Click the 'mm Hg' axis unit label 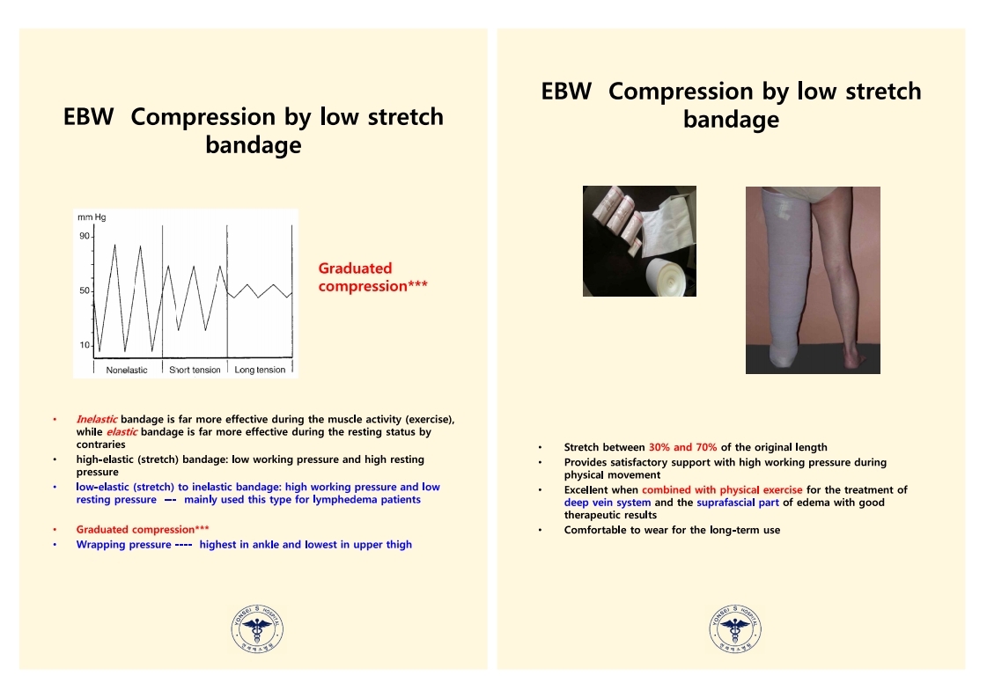tap(92, 217)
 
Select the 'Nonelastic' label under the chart tap(127, 370)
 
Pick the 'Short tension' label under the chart tap(195, 370)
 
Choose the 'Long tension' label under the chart tap(260, 370)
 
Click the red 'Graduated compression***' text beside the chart tap(372, 277)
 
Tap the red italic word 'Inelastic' tap(96, 419)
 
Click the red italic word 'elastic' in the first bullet tap(122, 432)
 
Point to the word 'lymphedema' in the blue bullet tap(345, 500)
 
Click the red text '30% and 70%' tap(683, 447)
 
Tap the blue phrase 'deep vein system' tap(608, 503)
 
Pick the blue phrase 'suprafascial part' tap(738, 503)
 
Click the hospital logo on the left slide tap(257, 628)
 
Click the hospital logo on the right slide tap(735, 628)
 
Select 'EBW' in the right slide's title tap(566, 92)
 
